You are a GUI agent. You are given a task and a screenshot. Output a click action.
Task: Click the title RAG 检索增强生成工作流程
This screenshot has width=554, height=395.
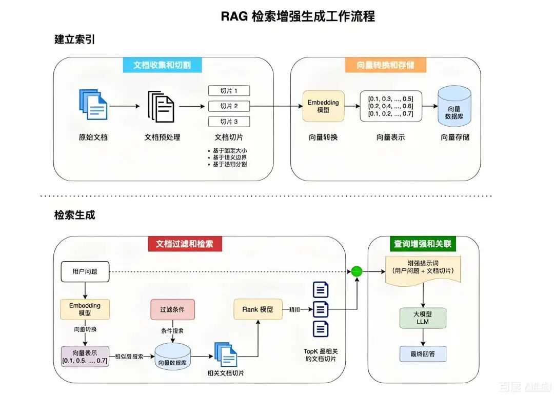coord(298,16)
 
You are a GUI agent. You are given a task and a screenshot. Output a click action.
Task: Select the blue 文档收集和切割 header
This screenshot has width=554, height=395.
coord(162,65)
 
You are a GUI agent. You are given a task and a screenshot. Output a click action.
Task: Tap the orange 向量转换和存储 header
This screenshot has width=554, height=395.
coord(385,65)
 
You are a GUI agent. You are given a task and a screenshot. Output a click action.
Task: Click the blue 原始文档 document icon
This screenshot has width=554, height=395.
coord(93,105)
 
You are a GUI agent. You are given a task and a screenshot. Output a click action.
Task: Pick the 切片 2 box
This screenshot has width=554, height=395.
coord(229,106)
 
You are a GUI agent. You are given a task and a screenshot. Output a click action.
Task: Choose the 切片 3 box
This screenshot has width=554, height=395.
coord(229,122)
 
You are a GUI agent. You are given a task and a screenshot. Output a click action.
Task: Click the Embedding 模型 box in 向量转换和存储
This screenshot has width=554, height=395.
coord(323,106)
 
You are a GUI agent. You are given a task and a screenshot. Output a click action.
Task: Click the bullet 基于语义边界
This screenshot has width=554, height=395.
coord(232,157)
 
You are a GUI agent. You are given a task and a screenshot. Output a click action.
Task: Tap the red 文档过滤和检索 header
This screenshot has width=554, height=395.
coord(185,244)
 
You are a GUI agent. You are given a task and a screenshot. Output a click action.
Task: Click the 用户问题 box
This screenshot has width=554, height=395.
coord(85,272)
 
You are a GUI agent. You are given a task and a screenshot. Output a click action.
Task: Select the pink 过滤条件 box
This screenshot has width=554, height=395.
coord(173,310)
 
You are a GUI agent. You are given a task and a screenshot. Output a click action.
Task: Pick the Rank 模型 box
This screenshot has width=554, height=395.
coord(258,310)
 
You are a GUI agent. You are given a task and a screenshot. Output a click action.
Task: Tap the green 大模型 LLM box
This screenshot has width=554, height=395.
coord(423,318)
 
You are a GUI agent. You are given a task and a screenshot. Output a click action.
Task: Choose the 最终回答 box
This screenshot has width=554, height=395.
coord(423,354)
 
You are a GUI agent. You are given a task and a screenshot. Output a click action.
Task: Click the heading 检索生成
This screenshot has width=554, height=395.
coord(75,215)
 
